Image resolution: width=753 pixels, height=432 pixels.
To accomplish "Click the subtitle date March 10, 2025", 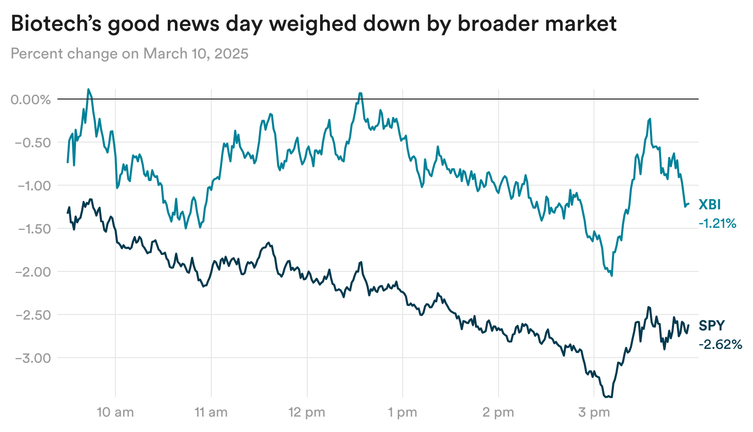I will coord(195,53).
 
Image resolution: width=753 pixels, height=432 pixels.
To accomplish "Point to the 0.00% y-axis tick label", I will coord(31,100).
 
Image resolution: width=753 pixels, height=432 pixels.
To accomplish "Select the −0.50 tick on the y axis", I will coord(33,143).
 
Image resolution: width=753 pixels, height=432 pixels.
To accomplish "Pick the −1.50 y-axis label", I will coord(33,229).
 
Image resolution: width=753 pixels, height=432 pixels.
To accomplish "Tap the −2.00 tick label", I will coord(33,272).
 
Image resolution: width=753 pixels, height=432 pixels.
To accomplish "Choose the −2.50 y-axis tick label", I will coord(33,315).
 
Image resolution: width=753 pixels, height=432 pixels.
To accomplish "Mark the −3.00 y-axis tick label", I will coord(33,358).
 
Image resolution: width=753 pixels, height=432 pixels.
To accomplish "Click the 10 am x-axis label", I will coord(115,412).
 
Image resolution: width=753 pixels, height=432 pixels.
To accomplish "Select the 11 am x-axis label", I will coord(211,412).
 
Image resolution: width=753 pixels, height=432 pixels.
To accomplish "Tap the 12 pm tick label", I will coord(307,412).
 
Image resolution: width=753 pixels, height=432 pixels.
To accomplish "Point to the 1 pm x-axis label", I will coord(403,412).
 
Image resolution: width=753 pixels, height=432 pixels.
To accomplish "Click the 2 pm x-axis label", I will coord(498,412).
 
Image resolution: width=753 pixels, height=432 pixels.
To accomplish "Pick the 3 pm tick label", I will coord(594,412).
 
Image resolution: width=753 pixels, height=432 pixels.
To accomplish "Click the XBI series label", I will coord(709,205).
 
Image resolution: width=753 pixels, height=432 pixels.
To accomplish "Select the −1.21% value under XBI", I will coord(717,223).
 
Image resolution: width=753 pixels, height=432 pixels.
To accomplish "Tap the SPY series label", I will coord(712,326).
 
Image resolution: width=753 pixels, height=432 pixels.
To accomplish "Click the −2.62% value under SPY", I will coord(720,344).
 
